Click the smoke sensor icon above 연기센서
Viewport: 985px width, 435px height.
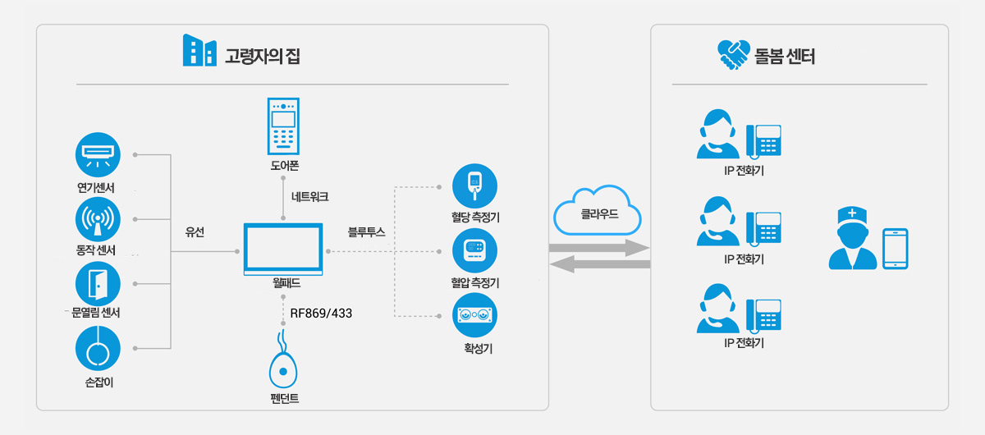(98, 155)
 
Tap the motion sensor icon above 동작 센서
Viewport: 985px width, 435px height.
(98, 219)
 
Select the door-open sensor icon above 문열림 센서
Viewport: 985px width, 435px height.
(98, 284)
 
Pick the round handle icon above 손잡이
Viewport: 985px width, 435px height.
(98, 348)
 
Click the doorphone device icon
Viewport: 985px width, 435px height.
(283, 126)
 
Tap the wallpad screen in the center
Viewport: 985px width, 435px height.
(283, 249)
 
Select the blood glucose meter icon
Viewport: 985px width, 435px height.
(474, 186)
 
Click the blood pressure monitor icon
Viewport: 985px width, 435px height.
(474, 250)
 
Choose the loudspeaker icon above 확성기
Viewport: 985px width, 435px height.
(474, 315)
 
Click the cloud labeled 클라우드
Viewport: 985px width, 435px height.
(597, 211)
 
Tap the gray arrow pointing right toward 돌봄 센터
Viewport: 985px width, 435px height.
(599, 248)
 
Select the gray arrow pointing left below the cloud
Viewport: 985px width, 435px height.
(600, 264)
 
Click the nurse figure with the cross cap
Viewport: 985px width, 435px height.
(852, 238)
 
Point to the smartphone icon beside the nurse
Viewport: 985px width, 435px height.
(896, 249)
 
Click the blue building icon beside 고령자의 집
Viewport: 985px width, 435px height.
(199, 50)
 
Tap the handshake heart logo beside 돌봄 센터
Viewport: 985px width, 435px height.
(734, 54)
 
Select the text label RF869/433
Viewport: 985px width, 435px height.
(321, 314)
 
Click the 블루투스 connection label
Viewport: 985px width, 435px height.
(366, 232)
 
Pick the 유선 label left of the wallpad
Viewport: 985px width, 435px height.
(195, 232)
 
